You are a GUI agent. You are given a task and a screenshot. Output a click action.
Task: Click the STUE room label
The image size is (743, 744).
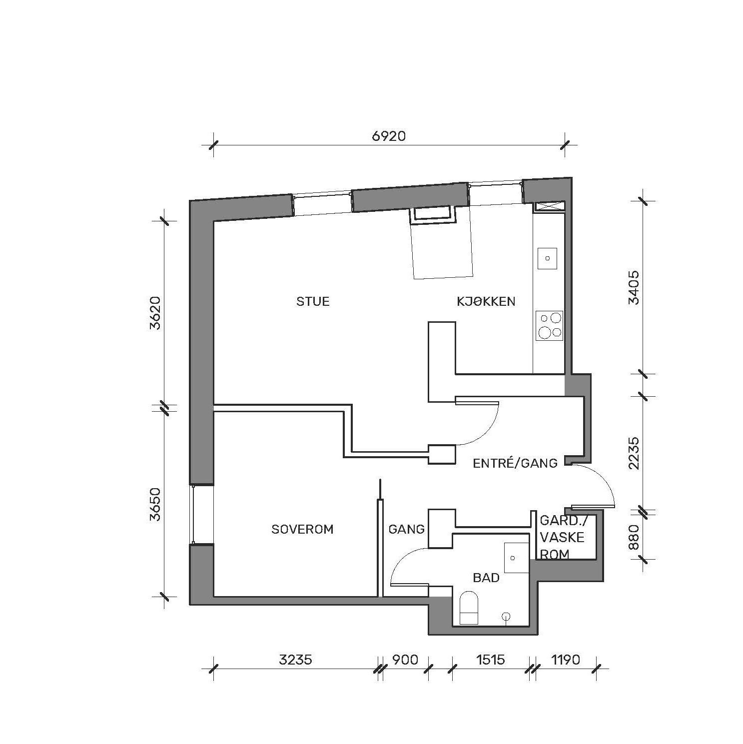(313, 301)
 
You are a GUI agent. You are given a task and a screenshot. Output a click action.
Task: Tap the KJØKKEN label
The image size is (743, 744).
(486, 301)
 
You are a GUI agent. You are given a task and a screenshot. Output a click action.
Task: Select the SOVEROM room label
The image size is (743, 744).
(302, 529)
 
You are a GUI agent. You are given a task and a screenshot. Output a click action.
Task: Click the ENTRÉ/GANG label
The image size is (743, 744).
(515, 463)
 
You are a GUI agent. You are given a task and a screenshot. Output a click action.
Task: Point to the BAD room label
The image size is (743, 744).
(486, 578)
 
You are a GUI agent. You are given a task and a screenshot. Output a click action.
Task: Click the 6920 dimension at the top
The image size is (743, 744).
(389, 136)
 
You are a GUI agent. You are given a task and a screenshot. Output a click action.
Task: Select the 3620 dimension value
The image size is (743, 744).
(155, 313)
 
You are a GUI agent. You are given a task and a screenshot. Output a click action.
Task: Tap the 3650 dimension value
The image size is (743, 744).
(155, 504)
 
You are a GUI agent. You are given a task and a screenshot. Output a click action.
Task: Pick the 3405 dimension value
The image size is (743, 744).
(633, 287)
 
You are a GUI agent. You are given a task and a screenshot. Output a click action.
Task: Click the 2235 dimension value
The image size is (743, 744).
(633, 453)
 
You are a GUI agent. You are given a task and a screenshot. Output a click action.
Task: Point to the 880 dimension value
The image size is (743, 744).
(633, 537)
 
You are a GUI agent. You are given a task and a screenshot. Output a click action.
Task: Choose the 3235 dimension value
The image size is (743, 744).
(295, 660)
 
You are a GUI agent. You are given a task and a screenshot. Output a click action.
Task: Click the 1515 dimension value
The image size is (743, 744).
(490, 660)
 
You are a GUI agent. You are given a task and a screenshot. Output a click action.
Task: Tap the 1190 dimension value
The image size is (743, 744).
(566, 660)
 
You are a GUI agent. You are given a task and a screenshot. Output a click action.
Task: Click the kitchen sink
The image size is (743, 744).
(548, 258)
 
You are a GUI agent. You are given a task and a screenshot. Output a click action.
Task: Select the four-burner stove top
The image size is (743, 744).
(549, 325)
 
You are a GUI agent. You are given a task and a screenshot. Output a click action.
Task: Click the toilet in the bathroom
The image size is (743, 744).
(469, 607)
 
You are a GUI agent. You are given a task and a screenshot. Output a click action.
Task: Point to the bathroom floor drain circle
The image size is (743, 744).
(507, 617)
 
